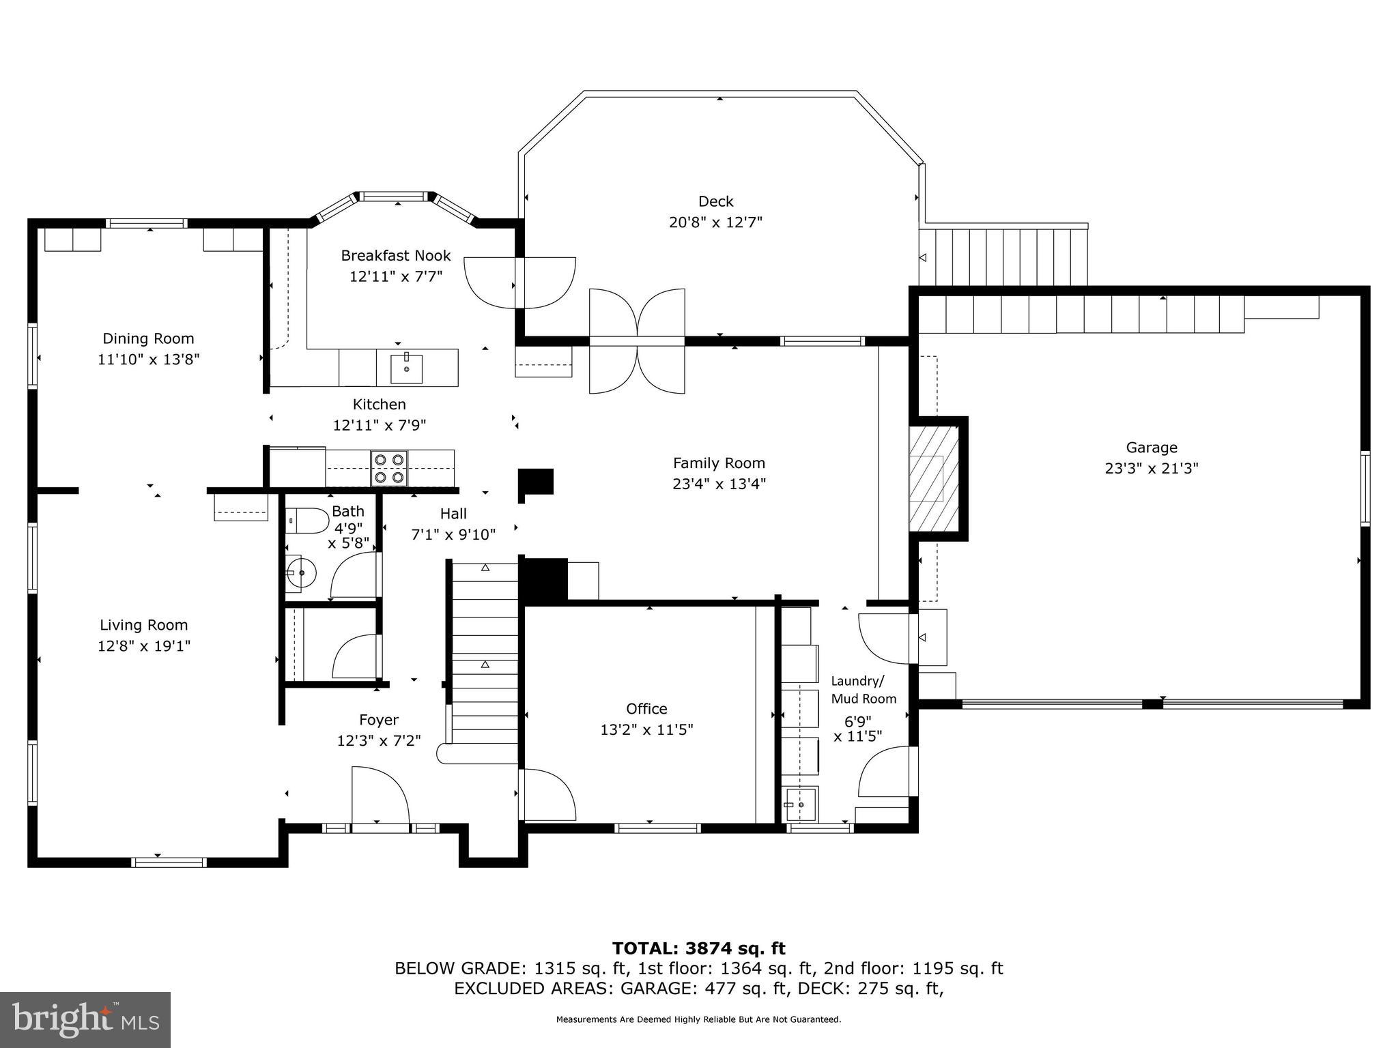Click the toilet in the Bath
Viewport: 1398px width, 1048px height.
coord(307,521)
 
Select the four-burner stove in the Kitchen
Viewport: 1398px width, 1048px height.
coord(389,468)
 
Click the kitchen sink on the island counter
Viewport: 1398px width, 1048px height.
coord(406,368)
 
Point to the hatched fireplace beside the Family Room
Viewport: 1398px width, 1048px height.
coord(934,478)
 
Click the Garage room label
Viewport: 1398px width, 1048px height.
coord(1151,448)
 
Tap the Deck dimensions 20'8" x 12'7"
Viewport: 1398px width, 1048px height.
coord(715,222)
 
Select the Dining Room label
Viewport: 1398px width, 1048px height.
coord(148,338)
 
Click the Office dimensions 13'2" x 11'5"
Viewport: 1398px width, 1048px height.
coord(646,730)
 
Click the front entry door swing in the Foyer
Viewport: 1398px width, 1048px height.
coord(380,795)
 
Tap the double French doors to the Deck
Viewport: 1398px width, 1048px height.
coord(637,341)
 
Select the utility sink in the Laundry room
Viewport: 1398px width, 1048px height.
coord(801,805)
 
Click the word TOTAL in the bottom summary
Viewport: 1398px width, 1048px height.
coord(644,948)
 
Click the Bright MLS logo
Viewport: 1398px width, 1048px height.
coord(85,1019)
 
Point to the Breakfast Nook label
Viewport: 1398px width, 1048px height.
coord(395,256)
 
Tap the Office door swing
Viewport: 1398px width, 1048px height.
coord(548,796)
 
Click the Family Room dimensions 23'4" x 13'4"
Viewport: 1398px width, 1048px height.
coord(719,484)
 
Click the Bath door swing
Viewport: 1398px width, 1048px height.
coord(355,577)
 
